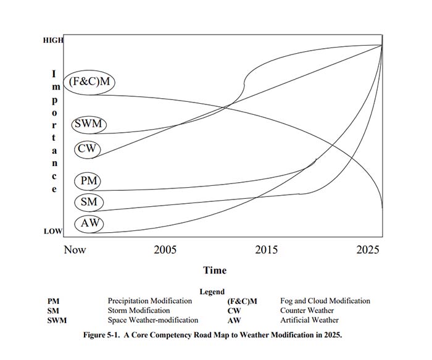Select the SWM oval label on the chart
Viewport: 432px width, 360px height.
pos(89,124)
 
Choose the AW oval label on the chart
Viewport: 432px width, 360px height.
pos(89,223)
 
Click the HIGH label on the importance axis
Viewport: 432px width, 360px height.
pos(53,40)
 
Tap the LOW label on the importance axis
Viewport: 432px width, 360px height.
pos(53,232)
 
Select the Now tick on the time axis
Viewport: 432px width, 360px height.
pos(75,249)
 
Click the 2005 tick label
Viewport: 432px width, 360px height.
pos(165,249)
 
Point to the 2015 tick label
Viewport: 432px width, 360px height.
pos(267,249)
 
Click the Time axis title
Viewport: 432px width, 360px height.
pos(215,270)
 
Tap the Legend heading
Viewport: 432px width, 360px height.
pos(212,291)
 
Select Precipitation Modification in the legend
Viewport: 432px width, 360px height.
pos(150,301)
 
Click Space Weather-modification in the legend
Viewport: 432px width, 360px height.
pos(153,320)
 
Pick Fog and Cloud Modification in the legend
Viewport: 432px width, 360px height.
pos(325,301)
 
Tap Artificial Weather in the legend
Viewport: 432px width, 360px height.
pos(309,320)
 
